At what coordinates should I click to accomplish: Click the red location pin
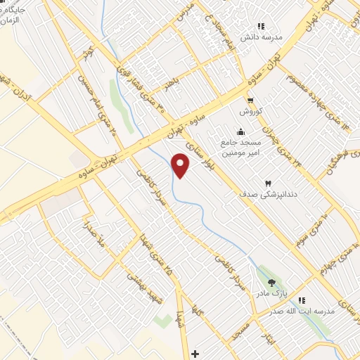coord(181,165)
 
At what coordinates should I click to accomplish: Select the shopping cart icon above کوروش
coord(250,100)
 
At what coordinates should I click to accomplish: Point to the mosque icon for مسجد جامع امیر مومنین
coord(241,131)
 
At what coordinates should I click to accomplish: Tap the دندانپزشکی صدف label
coord(259,193)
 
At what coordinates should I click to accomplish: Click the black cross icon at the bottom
coord(195,352)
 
